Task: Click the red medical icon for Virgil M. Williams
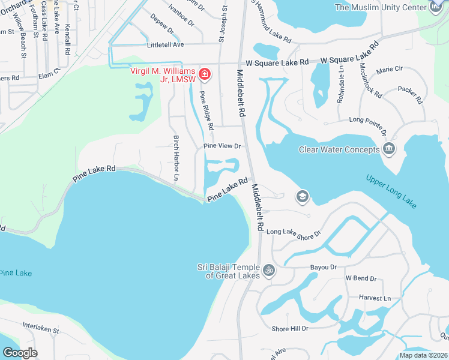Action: (x=205, y=74)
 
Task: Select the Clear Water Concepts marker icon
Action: (x=388, y=149)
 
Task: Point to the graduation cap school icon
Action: (x=302, y=196)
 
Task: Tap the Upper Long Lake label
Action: (x=391, y=193)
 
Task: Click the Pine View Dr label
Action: (x=221, y=146)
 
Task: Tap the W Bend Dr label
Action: (x=360, y=278)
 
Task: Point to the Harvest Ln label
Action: (x=375, y=298)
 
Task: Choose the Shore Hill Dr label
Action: (x=289, y=328)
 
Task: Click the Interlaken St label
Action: (x=41, y=329)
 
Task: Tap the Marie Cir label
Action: (x=388, y=70)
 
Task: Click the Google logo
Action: (x=19, y=353)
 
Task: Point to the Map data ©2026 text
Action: (x=423, y=355)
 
